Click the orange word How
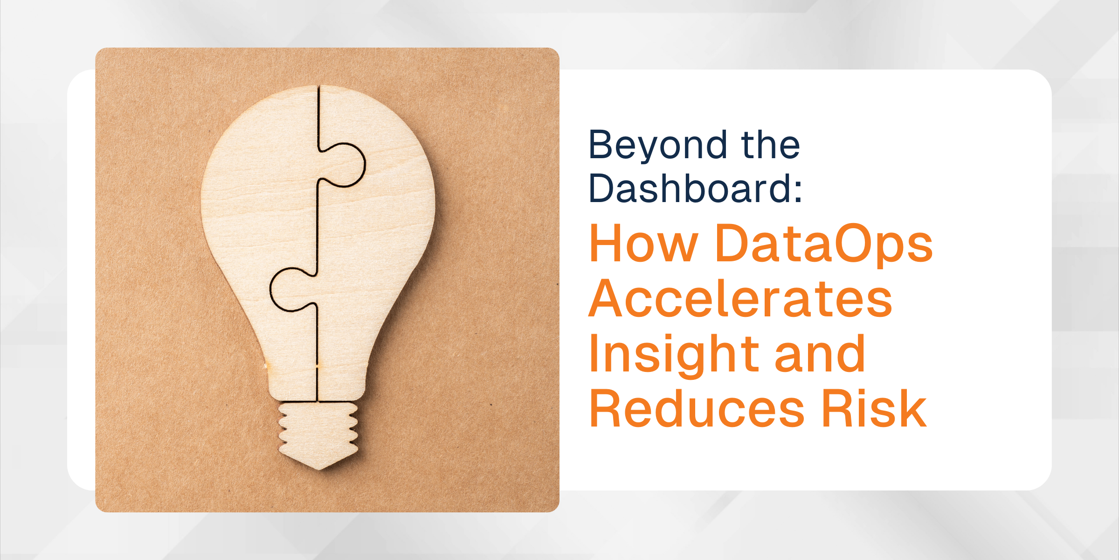[643, 243]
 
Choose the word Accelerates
[740, 298]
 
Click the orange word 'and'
[820, 353]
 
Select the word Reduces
[697, 408]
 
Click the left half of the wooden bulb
[261, 224]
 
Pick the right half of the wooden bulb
[378, 224]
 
